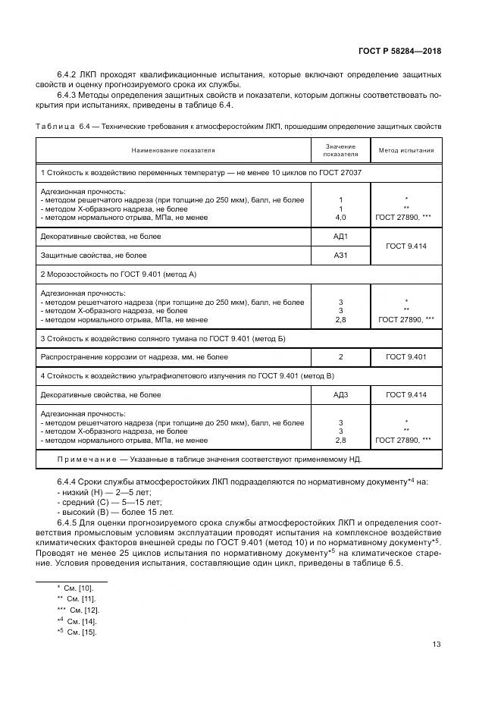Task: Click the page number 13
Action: [x=436, y=645]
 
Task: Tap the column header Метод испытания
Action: [x=406, y=150]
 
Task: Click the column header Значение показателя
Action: [x=340, y=150]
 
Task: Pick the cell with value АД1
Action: [x=340, y=237]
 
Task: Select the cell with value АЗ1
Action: [x=340, y=256]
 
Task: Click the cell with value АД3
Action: [x=340, y=395]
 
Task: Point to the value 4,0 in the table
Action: [x=340, y=218]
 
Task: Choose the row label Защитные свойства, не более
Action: [x=100, y=256]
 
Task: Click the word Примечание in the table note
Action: [x=85, y=460]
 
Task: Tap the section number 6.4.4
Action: [x=68, y=482]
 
